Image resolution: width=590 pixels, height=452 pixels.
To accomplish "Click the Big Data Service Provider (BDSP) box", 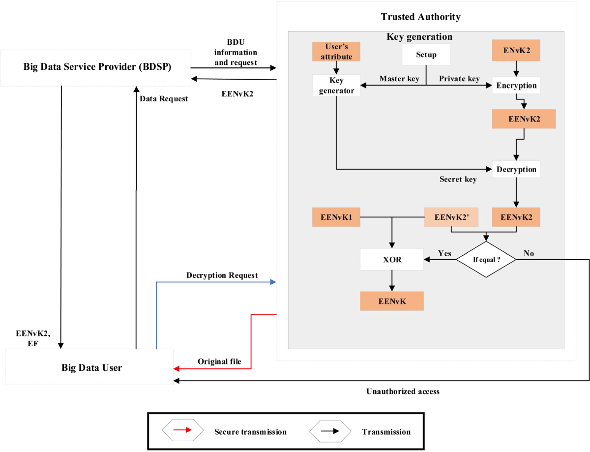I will pyautogui.click(x=97, y=67).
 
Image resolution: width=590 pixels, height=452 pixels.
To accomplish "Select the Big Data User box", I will pyautogui.click(x=91, y=367).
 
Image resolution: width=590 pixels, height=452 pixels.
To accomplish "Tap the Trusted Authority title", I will pyautogui.click(x=420, y=17).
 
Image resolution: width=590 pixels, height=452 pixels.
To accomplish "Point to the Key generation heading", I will pyautogui.click(x=419, y=37).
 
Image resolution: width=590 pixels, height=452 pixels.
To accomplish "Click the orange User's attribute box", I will pyautogui.click(x=336, y=52).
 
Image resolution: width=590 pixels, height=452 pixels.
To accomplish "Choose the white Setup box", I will pyautogui.click(x=426, y=55).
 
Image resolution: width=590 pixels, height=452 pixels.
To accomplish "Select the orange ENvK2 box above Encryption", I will pyautogui.click(x=516, y=50).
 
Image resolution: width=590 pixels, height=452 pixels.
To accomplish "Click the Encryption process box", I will pyautogui.click(x=516, y=85).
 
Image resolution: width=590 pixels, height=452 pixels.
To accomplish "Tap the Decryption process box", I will pyautogui.click(x=516, y=169).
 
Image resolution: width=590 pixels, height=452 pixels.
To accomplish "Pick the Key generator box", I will pyautogui.click(x=336, y=85).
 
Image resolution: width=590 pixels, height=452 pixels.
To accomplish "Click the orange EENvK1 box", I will pyautogui.click(x=336, y=216).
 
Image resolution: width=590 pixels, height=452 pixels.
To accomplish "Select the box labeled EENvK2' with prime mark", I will pyautogui.click(x=451, y=216).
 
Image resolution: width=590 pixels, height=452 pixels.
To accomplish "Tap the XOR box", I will pyautogui.click(x=392, y=259).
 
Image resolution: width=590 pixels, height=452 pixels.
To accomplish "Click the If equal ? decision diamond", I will pyautogui.click(x=486, y=259).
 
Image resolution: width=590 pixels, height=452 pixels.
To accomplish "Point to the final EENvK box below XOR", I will pyautogui.click(x=392, y=301).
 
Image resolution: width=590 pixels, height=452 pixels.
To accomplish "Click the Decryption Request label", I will pyautogui.click(x=222, y=275).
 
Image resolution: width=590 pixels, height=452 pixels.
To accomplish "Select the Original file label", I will pyautogui.click(x=219, y=362).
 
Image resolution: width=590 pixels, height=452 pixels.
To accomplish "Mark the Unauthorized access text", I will pyautogui.click(x=403, y=392).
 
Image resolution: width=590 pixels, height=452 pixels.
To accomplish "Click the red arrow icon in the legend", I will pyautogui.click(x=182, y=431).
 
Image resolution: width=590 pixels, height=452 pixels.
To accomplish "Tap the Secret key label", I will pyautogui.click(x=458, y=180).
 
